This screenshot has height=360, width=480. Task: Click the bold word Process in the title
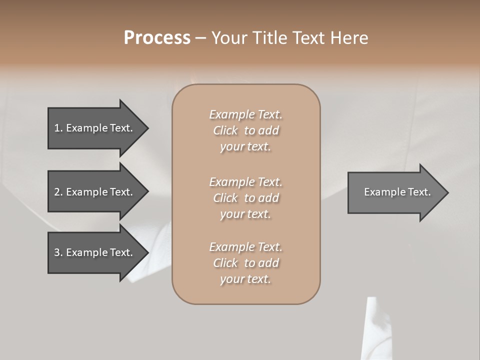pos(157,38)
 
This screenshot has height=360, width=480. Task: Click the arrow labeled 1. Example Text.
pos(95,128)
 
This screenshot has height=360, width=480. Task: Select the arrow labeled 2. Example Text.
pos(95,192)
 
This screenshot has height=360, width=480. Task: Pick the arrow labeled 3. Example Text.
pos(95,252)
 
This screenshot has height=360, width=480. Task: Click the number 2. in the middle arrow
pos(58,192)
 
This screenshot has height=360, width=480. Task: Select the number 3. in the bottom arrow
pos(58,252)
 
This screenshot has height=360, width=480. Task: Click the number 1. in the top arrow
pos(58,128)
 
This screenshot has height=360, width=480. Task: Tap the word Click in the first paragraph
pos(225,131)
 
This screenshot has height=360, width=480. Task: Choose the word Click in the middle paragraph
pos(225,198)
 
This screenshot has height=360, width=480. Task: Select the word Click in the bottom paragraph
pos(225,263)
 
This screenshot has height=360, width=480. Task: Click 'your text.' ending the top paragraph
pos(245,147)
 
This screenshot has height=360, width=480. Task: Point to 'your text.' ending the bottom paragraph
pos(245,279)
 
